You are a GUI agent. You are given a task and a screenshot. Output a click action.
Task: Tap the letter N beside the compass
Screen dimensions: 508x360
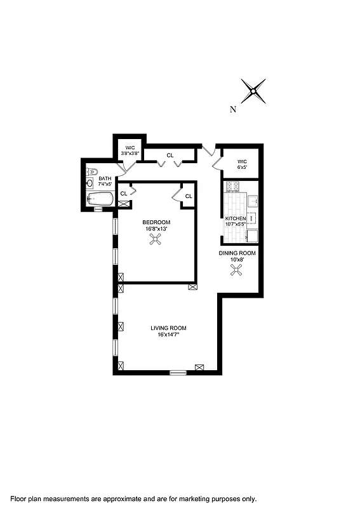coord(233,109)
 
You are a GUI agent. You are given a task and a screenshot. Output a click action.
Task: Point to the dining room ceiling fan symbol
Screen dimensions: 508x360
coord(237,271)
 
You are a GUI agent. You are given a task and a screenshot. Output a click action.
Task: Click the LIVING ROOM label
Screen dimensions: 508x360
coord(168,328)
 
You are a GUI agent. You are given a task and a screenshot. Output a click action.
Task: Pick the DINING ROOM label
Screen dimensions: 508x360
coord(237,253)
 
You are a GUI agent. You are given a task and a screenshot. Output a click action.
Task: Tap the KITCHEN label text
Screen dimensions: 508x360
coord(236,218)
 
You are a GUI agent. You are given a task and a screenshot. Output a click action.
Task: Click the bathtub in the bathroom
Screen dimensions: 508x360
coord(101,199)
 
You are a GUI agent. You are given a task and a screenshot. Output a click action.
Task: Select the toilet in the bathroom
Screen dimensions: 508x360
coord(92,171)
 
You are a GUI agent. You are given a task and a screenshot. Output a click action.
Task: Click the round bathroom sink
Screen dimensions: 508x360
coord(90,184)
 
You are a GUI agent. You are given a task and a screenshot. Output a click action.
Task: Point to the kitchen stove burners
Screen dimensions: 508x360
coord(232,186)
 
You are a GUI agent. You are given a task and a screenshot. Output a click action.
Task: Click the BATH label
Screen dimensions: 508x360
coord(105,178)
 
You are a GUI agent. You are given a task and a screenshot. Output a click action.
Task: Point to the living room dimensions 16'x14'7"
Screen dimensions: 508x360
coord(168,335)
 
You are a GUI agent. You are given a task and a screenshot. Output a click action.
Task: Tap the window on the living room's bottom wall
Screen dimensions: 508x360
coord(178,371)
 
